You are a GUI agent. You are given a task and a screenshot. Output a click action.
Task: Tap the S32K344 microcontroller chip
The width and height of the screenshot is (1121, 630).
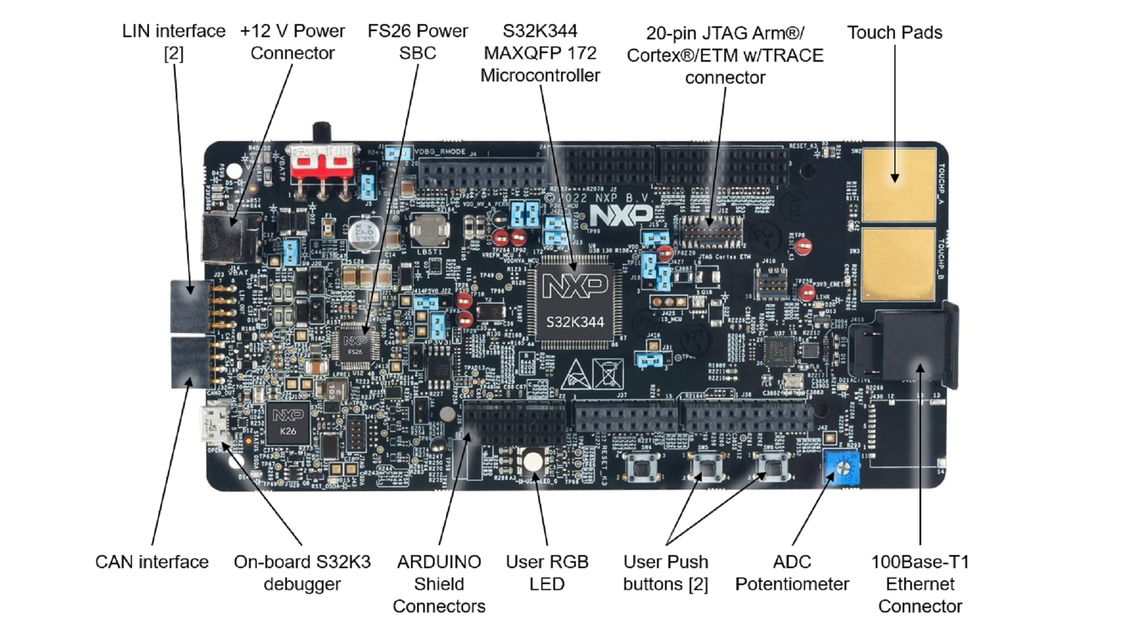574,304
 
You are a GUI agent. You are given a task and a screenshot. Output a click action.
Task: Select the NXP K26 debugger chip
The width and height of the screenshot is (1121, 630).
288,423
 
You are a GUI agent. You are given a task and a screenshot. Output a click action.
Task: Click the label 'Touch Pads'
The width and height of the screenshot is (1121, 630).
894,33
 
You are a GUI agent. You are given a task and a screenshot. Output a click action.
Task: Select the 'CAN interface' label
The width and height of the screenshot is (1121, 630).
152,562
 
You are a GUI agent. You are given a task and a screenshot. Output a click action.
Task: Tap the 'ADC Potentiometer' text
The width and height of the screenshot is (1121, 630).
791,573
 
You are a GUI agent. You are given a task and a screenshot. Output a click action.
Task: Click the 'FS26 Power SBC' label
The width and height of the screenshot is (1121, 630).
417,42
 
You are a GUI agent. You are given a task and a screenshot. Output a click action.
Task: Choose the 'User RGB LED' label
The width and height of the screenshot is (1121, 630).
547,573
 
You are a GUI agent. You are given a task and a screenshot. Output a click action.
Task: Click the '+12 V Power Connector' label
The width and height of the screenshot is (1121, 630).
292,42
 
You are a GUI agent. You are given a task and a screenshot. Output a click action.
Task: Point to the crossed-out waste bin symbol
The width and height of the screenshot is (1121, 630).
608,374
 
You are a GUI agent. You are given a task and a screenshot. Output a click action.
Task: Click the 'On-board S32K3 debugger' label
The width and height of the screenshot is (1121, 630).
302,573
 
